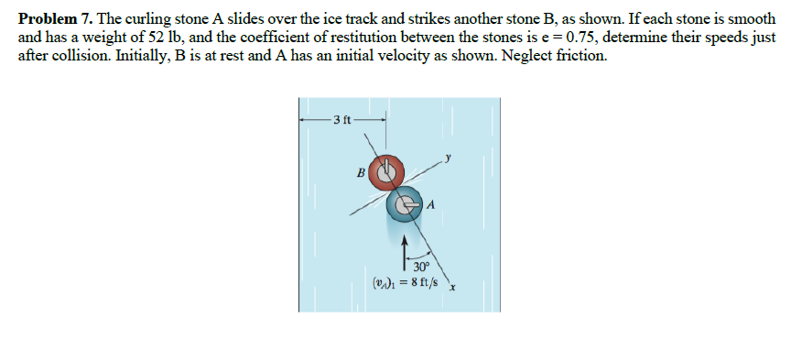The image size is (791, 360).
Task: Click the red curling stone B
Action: [386, 170]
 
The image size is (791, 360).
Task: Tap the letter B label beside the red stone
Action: [361, 171]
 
